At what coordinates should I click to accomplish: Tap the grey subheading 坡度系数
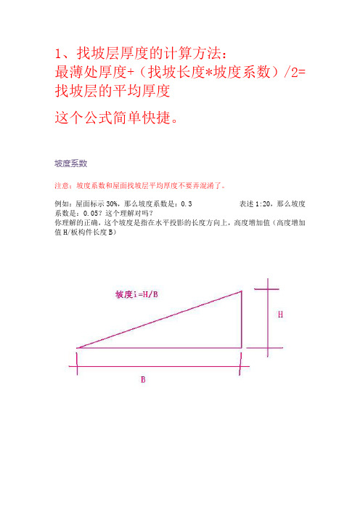(71, 163)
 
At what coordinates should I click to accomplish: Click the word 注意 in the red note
(63, 185)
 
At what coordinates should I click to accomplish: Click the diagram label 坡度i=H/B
(142, 296)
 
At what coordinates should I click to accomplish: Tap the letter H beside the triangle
(282, 315)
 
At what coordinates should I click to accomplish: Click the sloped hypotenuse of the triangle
(160, 320)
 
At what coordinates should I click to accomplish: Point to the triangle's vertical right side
(242, 320)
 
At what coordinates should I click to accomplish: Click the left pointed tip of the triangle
(78, 347)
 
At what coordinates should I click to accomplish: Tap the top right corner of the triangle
(242, 292)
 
